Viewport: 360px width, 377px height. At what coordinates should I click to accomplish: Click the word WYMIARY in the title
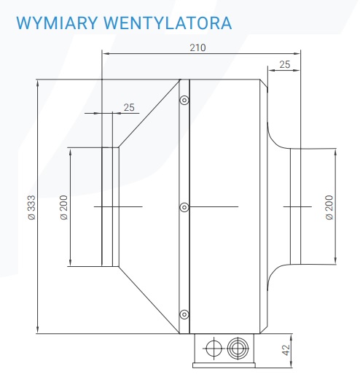pos(57,23)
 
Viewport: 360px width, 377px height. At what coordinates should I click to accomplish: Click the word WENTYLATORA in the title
pos(168,23)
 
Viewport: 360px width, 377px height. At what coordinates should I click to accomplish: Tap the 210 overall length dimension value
pos(197,47)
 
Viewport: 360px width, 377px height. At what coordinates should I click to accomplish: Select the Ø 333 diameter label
pos(31,207)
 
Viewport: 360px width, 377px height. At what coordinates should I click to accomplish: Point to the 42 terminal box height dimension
pos(286,350)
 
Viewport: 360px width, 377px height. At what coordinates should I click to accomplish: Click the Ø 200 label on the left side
pos(63,207)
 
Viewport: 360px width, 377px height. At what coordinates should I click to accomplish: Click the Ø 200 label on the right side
pos(329,207)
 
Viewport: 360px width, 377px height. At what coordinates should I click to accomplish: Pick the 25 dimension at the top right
pos(284,64)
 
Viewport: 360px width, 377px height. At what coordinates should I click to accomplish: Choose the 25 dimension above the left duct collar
pos(129,107)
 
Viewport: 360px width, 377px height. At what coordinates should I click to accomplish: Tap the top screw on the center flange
pos(184,100)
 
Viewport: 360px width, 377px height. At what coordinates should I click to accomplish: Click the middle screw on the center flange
pos(184,207)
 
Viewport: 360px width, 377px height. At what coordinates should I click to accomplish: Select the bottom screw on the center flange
pos(184,314)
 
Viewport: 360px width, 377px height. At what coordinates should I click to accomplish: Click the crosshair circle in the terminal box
pos(214,349)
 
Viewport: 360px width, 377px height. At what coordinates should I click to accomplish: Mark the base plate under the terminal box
pos(224,365)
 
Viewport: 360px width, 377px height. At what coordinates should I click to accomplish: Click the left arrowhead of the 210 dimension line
pos(105,53)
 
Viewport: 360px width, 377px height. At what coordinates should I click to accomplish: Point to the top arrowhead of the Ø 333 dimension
pos(37,83)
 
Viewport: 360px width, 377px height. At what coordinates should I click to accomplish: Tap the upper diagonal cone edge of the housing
pos(149,113)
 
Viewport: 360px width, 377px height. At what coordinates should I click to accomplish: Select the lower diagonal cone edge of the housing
pos(149,300)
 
